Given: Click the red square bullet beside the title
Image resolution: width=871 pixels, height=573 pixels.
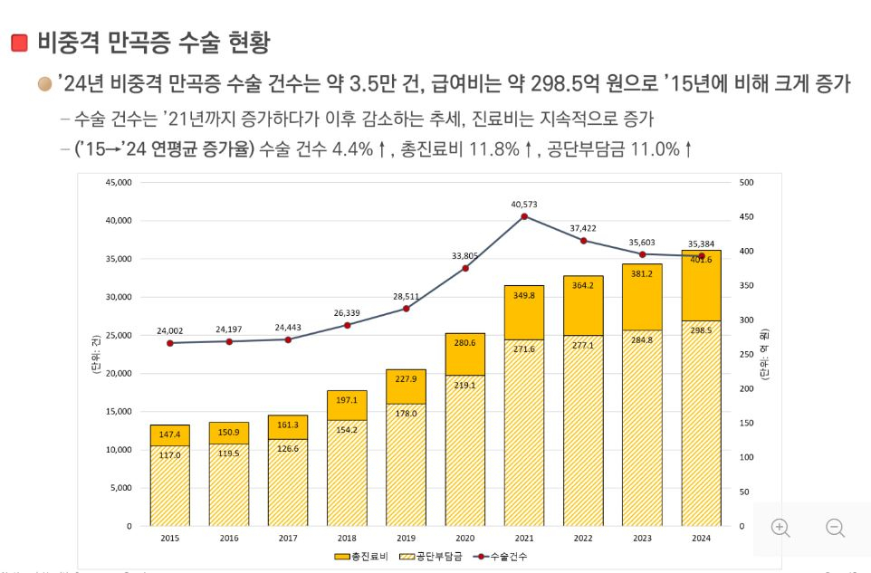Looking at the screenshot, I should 19,42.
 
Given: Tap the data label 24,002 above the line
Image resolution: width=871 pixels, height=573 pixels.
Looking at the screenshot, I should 169,330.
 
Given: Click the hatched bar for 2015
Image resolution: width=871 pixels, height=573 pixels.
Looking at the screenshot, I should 170,489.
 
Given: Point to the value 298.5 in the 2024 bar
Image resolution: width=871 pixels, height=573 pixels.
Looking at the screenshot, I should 701,330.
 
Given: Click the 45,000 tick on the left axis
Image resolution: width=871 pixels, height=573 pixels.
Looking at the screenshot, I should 118,183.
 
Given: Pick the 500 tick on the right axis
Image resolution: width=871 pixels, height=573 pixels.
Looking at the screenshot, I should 746,183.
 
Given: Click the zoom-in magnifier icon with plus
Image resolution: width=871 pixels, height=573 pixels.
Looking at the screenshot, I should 780,528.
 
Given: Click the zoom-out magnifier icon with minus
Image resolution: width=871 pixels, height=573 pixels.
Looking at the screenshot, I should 835,528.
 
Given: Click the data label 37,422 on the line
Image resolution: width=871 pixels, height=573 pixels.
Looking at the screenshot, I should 583,228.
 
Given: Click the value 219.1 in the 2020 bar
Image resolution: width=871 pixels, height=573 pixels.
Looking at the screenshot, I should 465,384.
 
